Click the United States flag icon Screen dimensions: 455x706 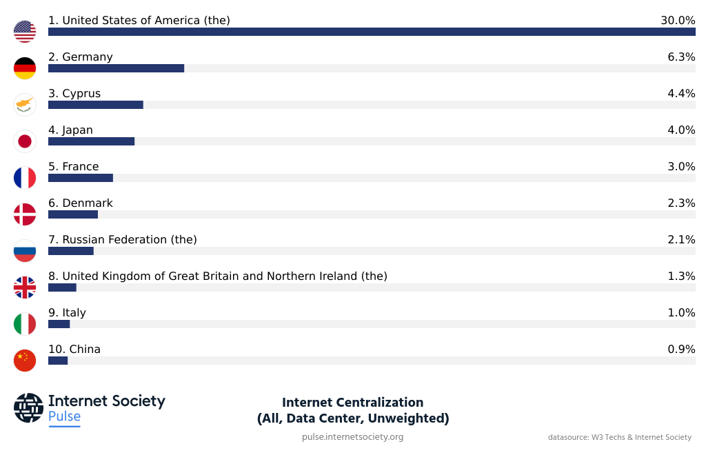pos(25,32)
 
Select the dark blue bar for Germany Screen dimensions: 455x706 pos(116,68)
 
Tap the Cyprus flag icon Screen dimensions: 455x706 pos(25,105)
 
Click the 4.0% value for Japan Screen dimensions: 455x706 pos(680,130)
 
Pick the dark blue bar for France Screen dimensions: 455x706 pos(80,178)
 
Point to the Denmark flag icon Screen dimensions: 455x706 pos(25,214)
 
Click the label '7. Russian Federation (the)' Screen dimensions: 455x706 pos(123,239)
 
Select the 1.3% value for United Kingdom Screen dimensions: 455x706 pos(680,276)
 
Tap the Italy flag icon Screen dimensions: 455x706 pos(25,324)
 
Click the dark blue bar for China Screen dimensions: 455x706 pos(58,361)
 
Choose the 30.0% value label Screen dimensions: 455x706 pos(677,20)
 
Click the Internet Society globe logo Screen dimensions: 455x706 pos(28,407)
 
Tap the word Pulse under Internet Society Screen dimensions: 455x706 pos(64,416)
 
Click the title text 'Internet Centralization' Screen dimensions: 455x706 pos(352,402)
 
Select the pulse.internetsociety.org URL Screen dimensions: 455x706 pos(352,437)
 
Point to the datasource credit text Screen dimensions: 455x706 pos(619,437)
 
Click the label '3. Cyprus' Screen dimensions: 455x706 pos(74,93)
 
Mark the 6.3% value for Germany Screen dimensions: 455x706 pos(680,57)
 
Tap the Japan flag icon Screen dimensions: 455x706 pos(25,141)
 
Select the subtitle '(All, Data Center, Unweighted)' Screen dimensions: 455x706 pos(352,418)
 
